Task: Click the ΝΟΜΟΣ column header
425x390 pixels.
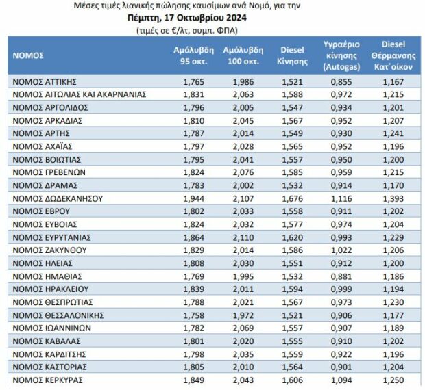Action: pos(28,55)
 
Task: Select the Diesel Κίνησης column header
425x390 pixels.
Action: pos(292,55)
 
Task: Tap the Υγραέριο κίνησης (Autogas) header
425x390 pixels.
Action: pos(341,55)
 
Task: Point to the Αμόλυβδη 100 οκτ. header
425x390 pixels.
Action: pos(243,55)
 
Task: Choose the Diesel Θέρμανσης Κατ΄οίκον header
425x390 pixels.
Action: pos(393,55)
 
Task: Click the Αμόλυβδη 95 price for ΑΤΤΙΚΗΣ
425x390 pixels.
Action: pos(193,81)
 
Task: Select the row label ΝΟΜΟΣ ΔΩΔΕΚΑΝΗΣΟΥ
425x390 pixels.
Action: pos(58,199)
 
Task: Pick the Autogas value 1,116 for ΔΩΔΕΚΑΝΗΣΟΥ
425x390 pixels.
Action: pos(341,199)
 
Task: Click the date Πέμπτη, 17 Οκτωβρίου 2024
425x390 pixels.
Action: pos(187,18)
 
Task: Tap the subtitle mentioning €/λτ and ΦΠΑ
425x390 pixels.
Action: pos(187,30)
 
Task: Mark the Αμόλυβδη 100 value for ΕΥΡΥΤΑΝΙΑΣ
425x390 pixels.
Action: pos(243,237)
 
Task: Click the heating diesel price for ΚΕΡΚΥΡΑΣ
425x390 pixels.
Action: pos(393,380)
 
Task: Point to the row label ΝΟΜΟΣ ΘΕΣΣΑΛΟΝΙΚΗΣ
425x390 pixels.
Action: pos(58,315)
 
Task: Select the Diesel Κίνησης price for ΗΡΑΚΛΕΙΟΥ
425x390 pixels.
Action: pos(292,289)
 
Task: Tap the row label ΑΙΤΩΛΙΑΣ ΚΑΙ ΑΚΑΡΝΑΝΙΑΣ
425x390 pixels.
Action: pos(79,94)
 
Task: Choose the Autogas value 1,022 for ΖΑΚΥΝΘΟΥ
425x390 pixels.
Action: pos(341,250)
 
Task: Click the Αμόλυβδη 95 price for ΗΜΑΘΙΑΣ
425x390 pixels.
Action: pos(193,276)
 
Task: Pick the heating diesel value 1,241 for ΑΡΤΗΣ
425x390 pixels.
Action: pos(393,133)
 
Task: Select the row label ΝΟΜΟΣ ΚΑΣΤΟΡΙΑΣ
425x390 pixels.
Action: pos(49,367)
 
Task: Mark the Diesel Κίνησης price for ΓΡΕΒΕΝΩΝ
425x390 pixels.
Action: pos(292,172)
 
